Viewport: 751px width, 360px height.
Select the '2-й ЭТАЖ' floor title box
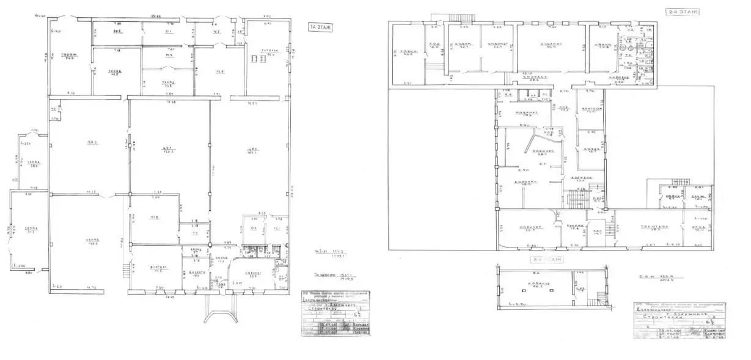coord(683,11)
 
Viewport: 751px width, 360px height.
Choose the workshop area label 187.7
coord(252,152)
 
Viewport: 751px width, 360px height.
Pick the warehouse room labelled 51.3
coord(28,230)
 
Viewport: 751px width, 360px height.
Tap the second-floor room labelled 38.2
coord(657,228)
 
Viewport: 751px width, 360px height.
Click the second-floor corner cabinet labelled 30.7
coord(525,228)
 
